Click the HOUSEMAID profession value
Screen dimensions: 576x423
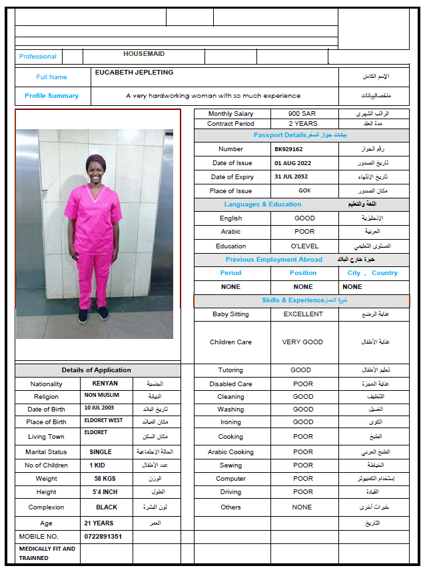(x=144, y=54)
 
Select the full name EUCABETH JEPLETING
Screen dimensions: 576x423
(x=134, y=73)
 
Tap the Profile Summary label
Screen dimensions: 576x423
(x=51, y=96)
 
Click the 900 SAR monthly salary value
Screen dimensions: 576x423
(x=302, y=114)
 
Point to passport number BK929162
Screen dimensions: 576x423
(x=288, y=149)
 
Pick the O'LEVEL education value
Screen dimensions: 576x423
(x=304, y=246)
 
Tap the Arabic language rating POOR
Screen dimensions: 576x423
(x=304, y=232)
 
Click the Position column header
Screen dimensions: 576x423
(x=303, y=273)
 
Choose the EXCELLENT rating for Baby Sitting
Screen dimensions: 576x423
(x=303, y=314)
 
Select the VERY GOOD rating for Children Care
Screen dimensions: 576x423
(x=302, y=342)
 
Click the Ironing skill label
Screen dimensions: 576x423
(x=230, y=422)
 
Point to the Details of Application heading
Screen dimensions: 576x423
(x=97, y=370)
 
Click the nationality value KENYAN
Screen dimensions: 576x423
(x=105, y=384)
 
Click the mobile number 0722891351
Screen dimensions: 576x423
(x=103, y=536)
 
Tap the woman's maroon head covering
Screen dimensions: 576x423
(x=96, y=161)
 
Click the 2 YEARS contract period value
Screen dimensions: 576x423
(x=303, y=124)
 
